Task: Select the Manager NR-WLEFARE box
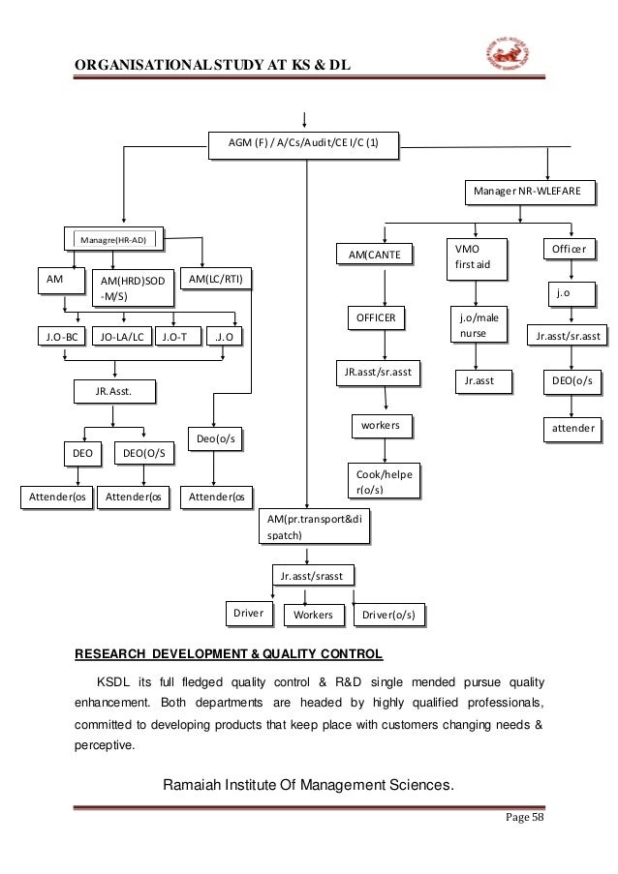tap(527, 192)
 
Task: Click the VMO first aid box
tap(476, 256)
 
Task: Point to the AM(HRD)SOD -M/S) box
tap(133, 288)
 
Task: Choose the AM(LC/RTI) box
tap(216, 280)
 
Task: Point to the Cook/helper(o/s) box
tap(386, 481)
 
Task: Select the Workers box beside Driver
tap(313, 615)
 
